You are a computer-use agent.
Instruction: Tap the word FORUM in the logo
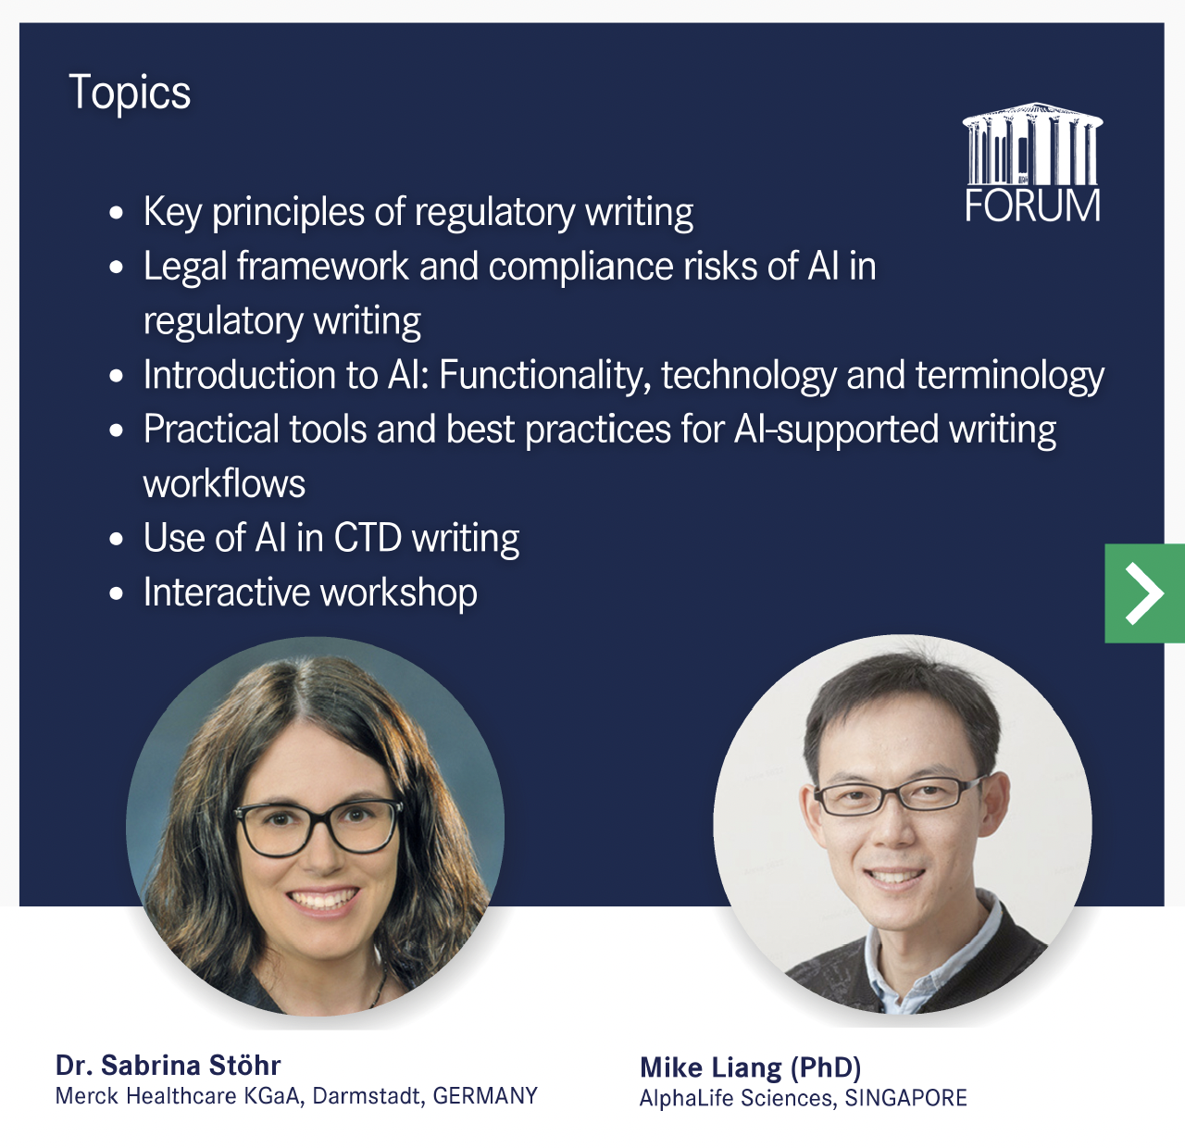[1033, 206]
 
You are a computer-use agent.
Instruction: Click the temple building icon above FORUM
[1033, 143]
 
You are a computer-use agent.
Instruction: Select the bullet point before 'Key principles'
[117, 213]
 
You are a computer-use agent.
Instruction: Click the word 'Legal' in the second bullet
[185, 267]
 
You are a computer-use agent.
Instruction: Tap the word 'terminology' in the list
[1010, 376]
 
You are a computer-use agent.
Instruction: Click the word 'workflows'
[224, 483]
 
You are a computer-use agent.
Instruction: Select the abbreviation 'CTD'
[368, 538]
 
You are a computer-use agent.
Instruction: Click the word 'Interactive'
[227, 592]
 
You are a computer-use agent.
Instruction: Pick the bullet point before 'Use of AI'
[117, 539]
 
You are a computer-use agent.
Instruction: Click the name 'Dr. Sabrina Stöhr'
[168, 1066]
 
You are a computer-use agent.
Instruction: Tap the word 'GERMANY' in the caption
[485, 1095]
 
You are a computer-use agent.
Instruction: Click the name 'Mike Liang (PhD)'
[751, 1068]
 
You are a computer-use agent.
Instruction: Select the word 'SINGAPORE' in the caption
[906, 1098]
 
